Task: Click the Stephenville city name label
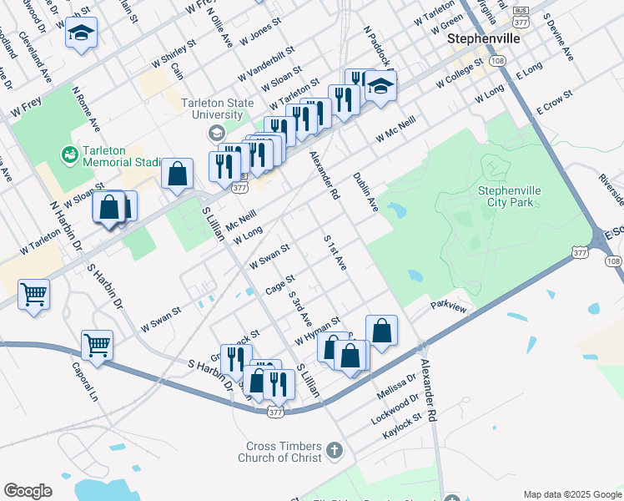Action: point(484,38)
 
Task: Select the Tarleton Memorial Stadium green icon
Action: point(68,154)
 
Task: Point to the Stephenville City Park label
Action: point(509,196)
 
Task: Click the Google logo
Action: point(28,490)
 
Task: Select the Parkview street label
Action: point(449,307)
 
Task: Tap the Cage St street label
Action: point(279,285)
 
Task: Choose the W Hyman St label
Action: point(317,331)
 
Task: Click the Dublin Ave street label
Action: point(365,192)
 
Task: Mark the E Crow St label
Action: point(555,102)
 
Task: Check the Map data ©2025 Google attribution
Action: point(571,493)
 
